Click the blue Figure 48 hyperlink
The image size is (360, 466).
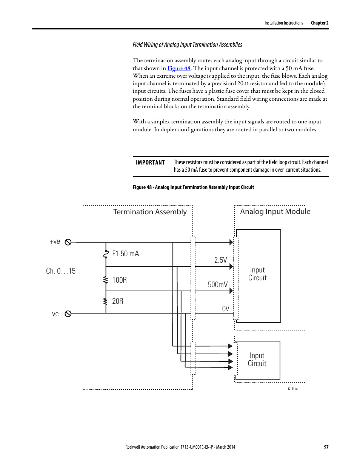[x=179, y=68]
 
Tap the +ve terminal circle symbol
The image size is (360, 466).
[x=68, y=242]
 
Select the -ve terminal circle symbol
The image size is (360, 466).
[x=68, y=314]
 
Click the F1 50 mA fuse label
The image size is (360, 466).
[x=125, y=254]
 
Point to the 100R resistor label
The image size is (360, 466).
[x=119, y=280]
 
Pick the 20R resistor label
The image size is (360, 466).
[x=118, y=301]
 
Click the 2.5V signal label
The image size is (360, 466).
[x=220, y=260]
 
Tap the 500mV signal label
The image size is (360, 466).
[x=218, y=285]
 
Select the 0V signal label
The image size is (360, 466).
[x=225, y=309]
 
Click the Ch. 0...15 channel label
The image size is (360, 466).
[x=61, y=271]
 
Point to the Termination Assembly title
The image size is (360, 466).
[x=150, y=212]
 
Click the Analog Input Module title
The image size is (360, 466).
[x=275, y=212]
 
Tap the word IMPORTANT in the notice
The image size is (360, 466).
[x=150, y=163]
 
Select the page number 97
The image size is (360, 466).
[x=326, y=447]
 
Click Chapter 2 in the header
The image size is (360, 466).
[x=320, y=23]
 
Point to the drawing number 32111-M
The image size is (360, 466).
[x=292, y=389]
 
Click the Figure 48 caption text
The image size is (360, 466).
[x=193, y=187]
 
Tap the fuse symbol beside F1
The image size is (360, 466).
[x=106, y=254]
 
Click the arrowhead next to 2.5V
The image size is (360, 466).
[x=231, y=266]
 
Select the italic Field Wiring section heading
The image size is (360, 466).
[x=187, y=45]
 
